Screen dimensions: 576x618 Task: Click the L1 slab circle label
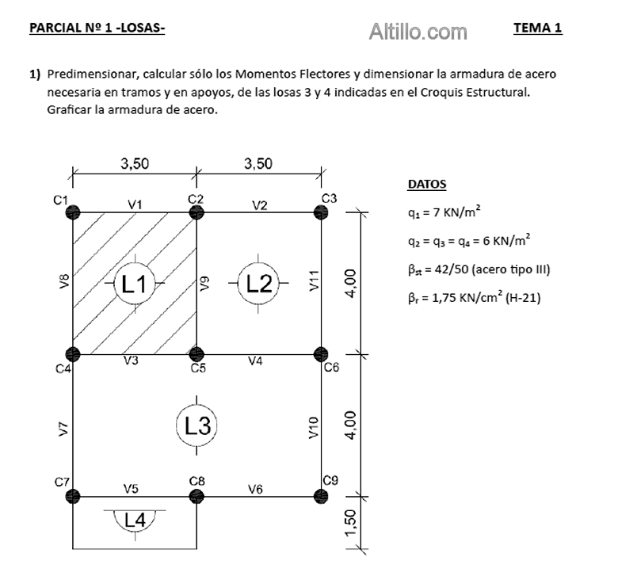(134, 283)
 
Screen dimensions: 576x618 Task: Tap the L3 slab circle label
(196, 425)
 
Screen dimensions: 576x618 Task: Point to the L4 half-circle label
(135, 520)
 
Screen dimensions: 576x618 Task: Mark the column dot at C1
(73, 212)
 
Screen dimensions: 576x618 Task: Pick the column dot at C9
(321, 496)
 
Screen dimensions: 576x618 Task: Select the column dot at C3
(321, 212)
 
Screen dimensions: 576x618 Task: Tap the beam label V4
(255, 361)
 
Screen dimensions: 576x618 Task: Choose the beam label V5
(132, 489)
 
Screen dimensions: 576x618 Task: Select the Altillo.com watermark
(418, 32)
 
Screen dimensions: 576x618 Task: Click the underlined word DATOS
(426, 185)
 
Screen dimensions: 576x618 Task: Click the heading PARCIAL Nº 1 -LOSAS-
(97, 29)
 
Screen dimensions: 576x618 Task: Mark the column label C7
(61, 482)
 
